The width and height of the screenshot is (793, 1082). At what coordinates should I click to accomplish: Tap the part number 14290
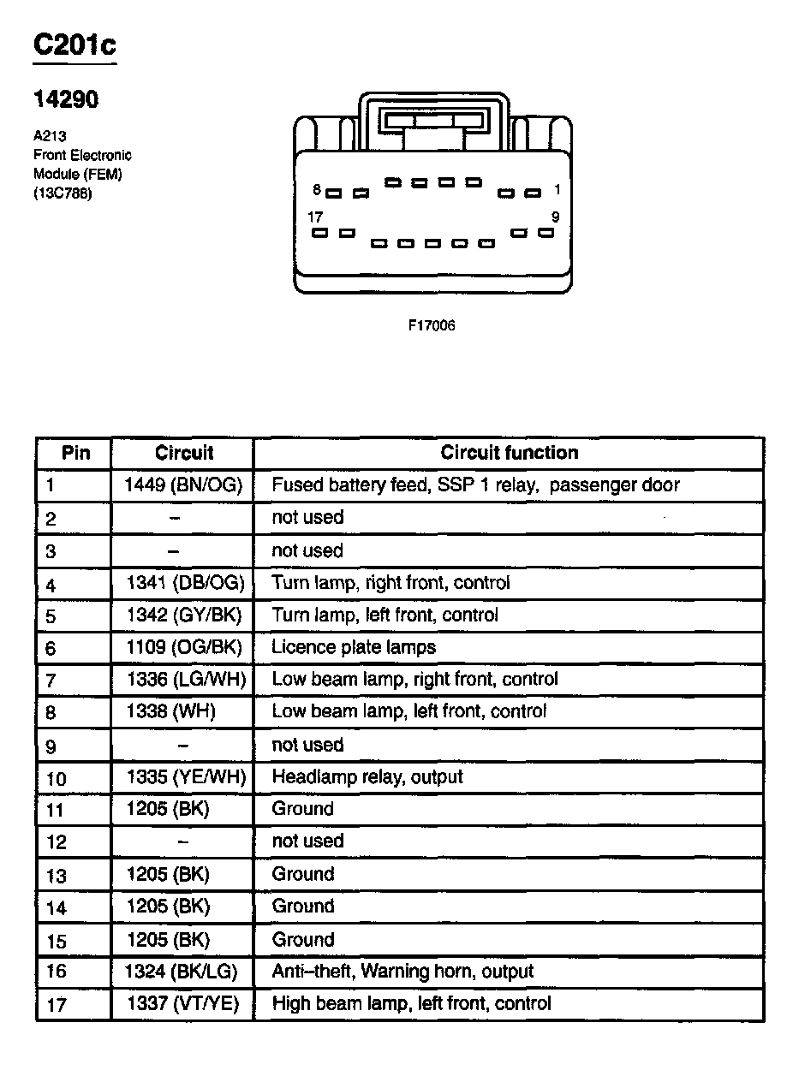tap(66, 100)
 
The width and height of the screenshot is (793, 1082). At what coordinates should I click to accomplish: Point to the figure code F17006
tap(432, 326)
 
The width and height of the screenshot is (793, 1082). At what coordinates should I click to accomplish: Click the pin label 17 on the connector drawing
tap(315, 217)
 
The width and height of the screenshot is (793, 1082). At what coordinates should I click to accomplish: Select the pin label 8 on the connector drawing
tap(317, 190)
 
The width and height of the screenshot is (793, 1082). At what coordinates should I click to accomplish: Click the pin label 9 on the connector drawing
tap(555, 217)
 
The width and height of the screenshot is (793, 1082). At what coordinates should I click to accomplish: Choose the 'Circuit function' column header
tap(509, 453)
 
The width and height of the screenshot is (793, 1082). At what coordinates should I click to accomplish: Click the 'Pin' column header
tap(75, 453)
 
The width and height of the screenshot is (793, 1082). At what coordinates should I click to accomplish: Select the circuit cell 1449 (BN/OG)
tap(183, 485)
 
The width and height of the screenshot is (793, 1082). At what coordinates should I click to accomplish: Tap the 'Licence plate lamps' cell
tap(354, 647)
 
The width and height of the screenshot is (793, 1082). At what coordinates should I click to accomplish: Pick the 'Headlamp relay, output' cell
tap(367, 777)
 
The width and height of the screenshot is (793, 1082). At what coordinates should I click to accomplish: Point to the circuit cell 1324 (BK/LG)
tap(182, 972)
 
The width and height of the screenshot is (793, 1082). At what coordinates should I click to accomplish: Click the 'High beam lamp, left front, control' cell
tap(411, 1003)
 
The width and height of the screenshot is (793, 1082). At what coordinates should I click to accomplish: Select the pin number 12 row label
tap(56, 842)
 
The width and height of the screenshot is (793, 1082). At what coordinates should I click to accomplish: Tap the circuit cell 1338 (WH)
tap(170, 711)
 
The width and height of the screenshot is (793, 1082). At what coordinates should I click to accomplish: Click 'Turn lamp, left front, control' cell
tap(385, 615)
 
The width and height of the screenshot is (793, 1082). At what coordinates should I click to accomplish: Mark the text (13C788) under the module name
tap(63, 193)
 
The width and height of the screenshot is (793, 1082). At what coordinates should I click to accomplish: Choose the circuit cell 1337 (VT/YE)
tap(183, 1003)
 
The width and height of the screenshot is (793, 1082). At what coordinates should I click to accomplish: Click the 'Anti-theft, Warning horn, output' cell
tap(402, 972)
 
